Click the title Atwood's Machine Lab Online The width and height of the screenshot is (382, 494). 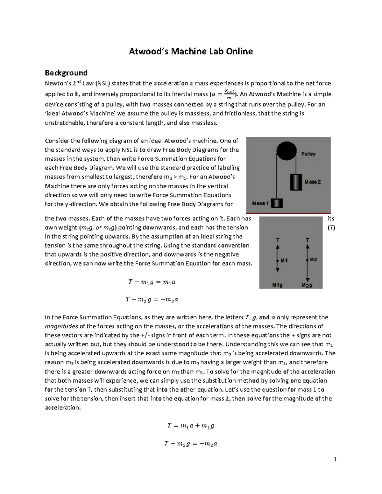191,51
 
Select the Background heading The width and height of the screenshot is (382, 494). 66,73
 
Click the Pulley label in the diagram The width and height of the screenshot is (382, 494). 308,154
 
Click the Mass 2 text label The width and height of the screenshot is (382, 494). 313,182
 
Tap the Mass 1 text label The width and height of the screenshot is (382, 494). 260,203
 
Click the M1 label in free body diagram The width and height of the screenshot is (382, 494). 284,260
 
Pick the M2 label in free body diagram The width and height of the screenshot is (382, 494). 313,260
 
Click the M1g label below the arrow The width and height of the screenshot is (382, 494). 277,285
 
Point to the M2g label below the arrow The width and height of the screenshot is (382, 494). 307,285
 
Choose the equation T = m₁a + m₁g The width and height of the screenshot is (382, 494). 191,426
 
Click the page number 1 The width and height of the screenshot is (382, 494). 335,459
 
